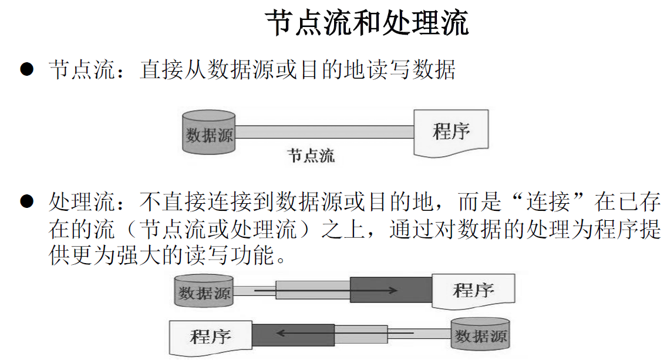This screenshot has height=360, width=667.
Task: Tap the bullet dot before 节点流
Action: point(26,70)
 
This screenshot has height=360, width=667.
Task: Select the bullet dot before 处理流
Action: point(26,201)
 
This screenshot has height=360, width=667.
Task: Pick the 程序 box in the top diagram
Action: point(451,132)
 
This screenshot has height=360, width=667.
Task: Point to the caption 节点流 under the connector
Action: point(311,156)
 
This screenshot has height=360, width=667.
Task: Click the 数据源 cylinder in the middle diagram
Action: point(204,291)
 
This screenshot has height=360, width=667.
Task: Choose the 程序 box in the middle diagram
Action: point(473,290)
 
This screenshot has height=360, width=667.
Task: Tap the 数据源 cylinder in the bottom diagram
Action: point(480,336)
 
